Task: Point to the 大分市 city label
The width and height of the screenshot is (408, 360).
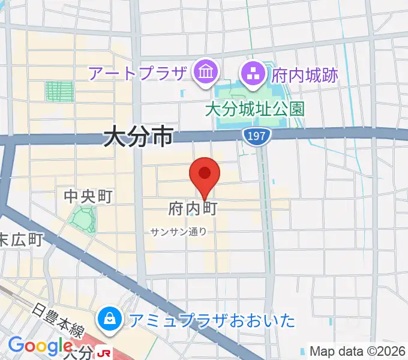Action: point(138,137)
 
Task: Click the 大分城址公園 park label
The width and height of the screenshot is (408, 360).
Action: point(254,109)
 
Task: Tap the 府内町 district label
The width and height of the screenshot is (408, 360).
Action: point(192,209)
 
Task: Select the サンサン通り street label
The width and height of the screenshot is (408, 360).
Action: point(179,232)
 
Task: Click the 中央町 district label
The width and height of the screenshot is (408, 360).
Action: point(89,196)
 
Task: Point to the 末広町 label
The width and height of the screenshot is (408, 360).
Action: point(20,240)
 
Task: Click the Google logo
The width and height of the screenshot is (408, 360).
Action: point(40,346)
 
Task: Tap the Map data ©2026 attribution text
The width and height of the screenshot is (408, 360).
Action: point(357,351)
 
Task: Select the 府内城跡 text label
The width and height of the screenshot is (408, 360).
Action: point(305,75)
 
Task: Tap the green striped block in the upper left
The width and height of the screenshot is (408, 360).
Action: point(59,92)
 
